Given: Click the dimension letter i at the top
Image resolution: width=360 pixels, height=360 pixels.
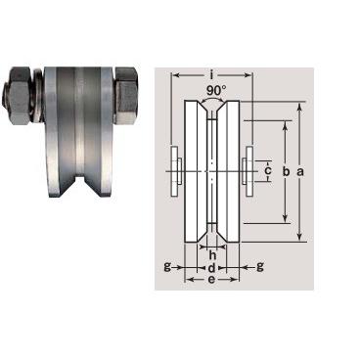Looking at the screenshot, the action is tap(211, 75).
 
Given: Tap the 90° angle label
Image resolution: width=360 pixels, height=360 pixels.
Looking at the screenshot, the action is tap(215, 90).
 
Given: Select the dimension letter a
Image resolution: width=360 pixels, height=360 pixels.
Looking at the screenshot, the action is tap(300, 171).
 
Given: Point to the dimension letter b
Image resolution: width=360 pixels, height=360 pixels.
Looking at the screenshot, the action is tap(286, 171).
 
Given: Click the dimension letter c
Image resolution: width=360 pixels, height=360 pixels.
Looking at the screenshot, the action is tap(267, 170).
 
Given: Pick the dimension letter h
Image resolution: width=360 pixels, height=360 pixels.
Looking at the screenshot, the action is tap(212, 254).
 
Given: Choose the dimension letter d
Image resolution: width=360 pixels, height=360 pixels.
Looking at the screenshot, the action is tap(211, 268).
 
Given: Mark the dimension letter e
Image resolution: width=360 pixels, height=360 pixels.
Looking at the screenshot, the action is tap(211, 280).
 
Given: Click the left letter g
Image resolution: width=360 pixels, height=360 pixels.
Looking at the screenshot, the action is tap(167, 267).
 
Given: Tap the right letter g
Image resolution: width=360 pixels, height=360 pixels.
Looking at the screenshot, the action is tap(260, 267).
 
